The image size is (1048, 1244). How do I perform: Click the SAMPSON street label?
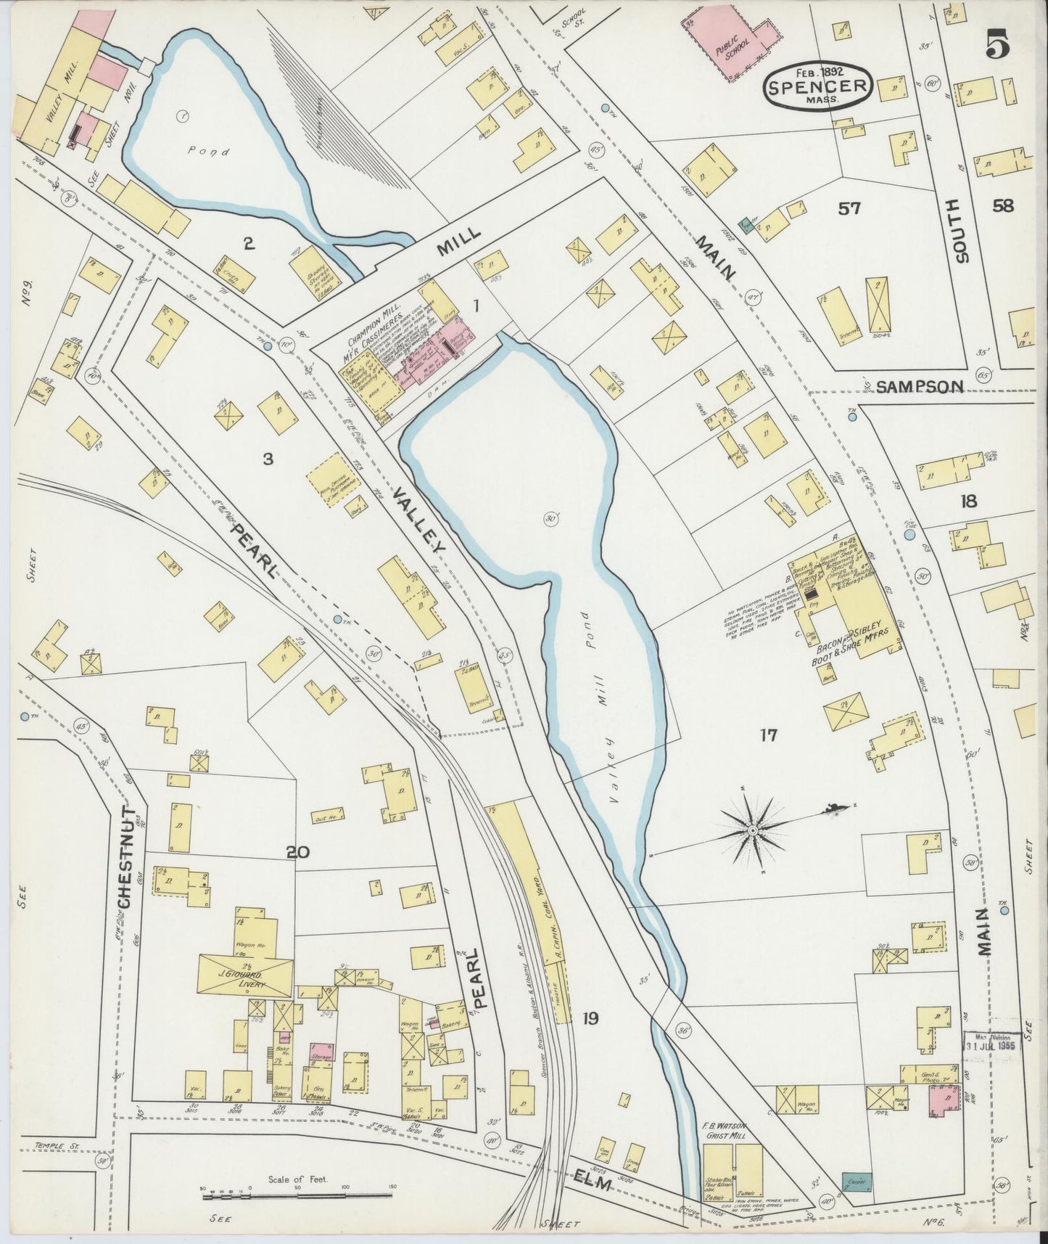click(920, 387)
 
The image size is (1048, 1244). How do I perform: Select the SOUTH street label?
click(960, 230)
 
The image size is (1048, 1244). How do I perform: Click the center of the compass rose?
click(754, 829)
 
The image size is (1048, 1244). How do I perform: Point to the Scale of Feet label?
click(298, 1179)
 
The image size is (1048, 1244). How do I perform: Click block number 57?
click(849, 209)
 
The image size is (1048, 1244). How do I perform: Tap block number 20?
click(298, 852)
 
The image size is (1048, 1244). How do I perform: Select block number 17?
click(768, 736)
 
